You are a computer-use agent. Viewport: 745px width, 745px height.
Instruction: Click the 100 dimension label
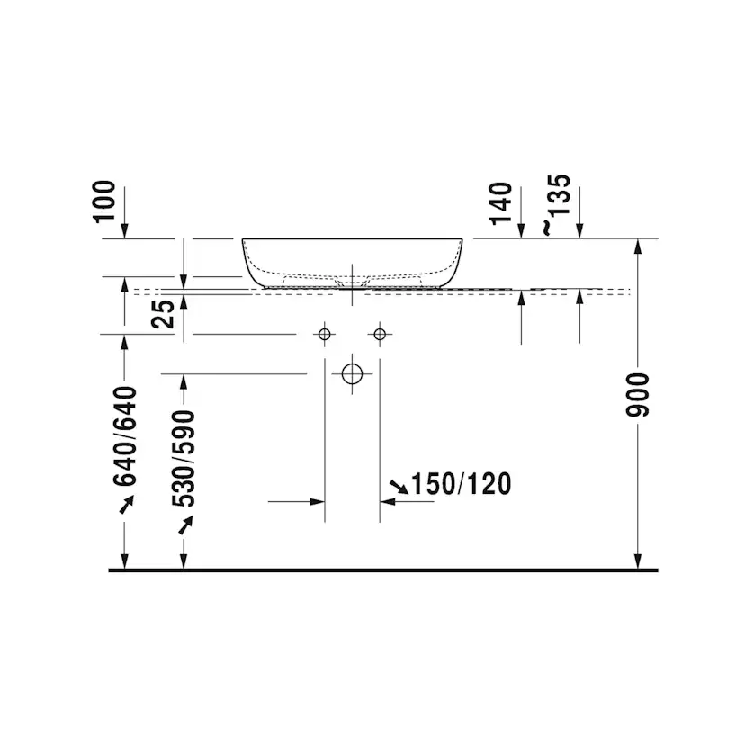point(104,202)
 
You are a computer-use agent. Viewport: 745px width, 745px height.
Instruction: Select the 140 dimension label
point(501,203)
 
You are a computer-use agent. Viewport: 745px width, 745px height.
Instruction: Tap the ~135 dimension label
point(557,205)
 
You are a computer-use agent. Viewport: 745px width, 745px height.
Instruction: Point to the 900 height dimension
point(637,395)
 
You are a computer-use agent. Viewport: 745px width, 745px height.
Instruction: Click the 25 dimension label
point(163,314)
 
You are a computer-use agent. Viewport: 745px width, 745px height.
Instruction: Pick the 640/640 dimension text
point(125,436)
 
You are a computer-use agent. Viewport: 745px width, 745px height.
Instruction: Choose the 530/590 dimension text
point(184,459)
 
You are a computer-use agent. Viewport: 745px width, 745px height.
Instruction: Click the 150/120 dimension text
point(461,484)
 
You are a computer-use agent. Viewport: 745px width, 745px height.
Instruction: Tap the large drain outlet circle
point(352,364)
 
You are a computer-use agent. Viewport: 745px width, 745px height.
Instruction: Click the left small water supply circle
point(325,328)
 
